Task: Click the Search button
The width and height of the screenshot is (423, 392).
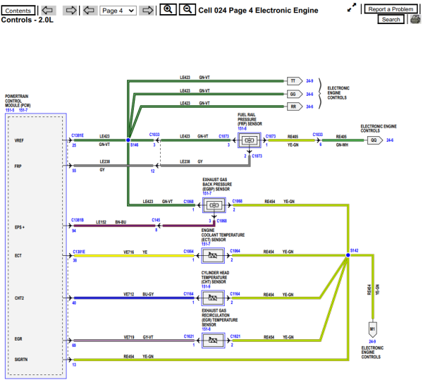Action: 391,20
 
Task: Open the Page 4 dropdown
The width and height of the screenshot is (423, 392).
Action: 117,11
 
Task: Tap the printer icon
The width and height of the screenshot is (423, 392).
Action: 415,20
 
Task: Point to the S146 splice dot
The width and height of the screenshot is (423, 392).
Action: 128,140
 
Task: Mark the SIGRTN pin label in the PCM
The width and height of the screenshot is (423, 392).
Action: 23,360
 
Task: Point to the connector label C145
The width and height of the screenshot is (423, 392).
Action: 155,220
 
